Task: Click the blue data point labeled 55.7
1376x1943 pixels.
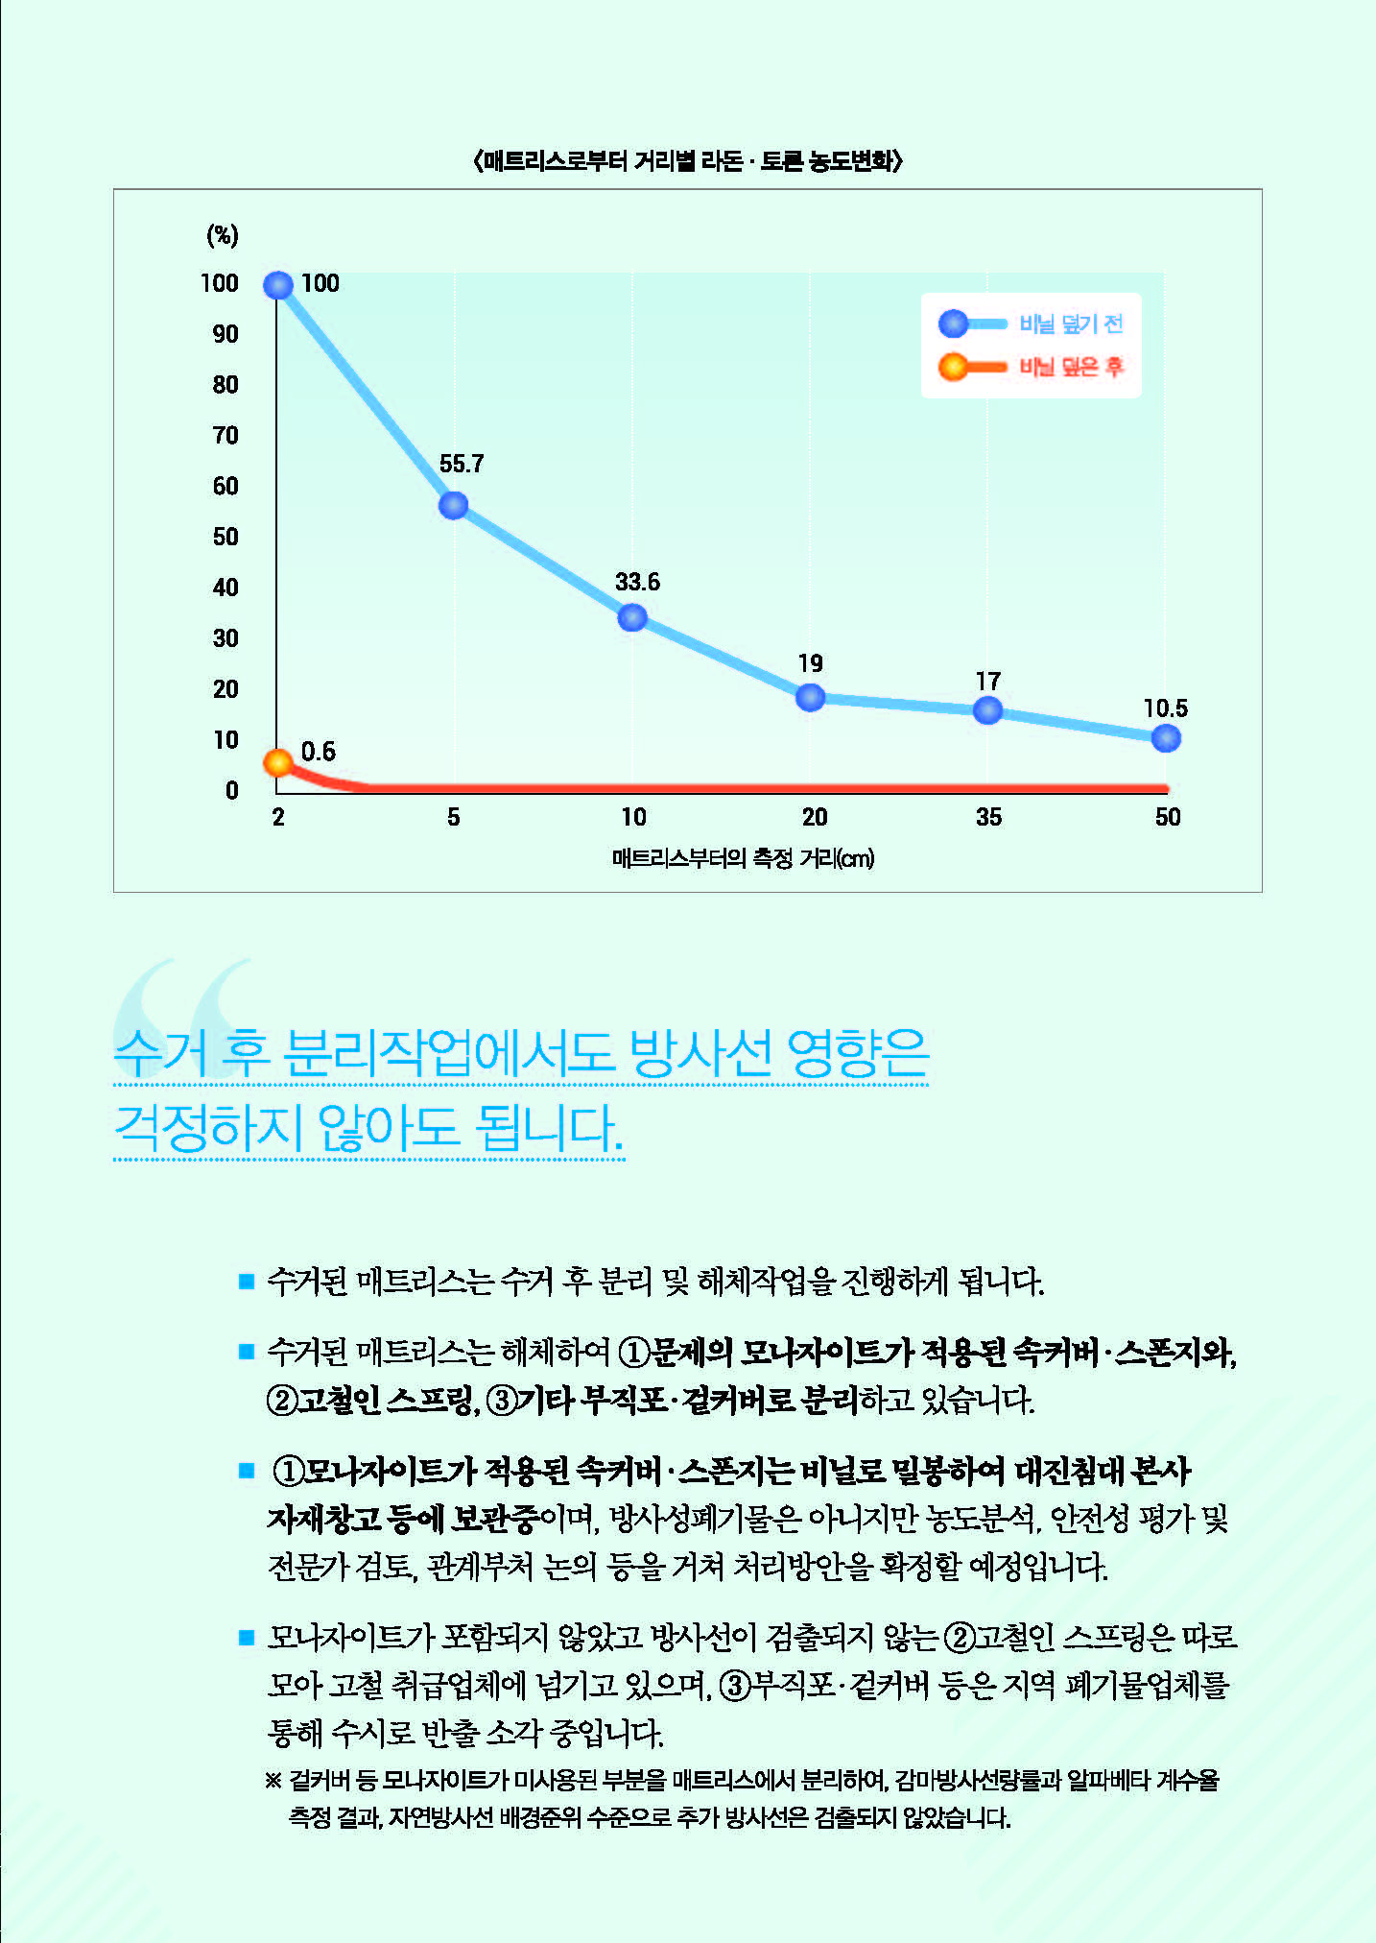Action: pos(454,505)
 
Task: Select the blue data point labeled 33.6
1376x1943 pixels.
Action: pos(632,617)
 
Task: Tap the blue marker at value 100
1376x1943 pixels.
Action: pos(278,285)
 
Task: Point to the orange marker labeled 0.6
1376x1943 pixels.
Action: pos(278,762)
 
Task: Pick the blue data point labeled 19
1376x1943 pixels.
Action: pos(811,697)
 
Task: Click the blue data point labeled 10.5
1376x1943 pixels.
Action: pos(1166,737)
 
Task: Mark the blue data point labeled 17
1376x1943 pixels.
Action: pos(988,710)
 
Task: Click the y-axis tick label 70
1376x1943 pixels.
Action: pos(225,436)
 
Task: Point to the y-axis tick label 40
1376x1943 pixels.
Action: pos(225,588)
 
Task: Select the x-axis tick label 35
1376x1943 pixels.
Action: pos(988,817)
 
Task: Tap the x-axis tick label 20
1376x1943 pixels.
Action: pos(815,817)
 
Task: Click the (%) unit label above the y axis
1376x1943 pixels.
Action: pos(223,235)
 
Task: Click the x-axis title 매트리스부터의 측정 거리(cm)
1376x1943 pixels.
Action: pos(743,858)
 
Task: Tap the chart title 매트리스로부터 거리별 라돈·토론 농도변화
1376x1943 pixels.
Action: pos(688,160)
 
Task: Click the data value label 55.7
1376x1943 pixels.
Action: pos(462,465)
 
